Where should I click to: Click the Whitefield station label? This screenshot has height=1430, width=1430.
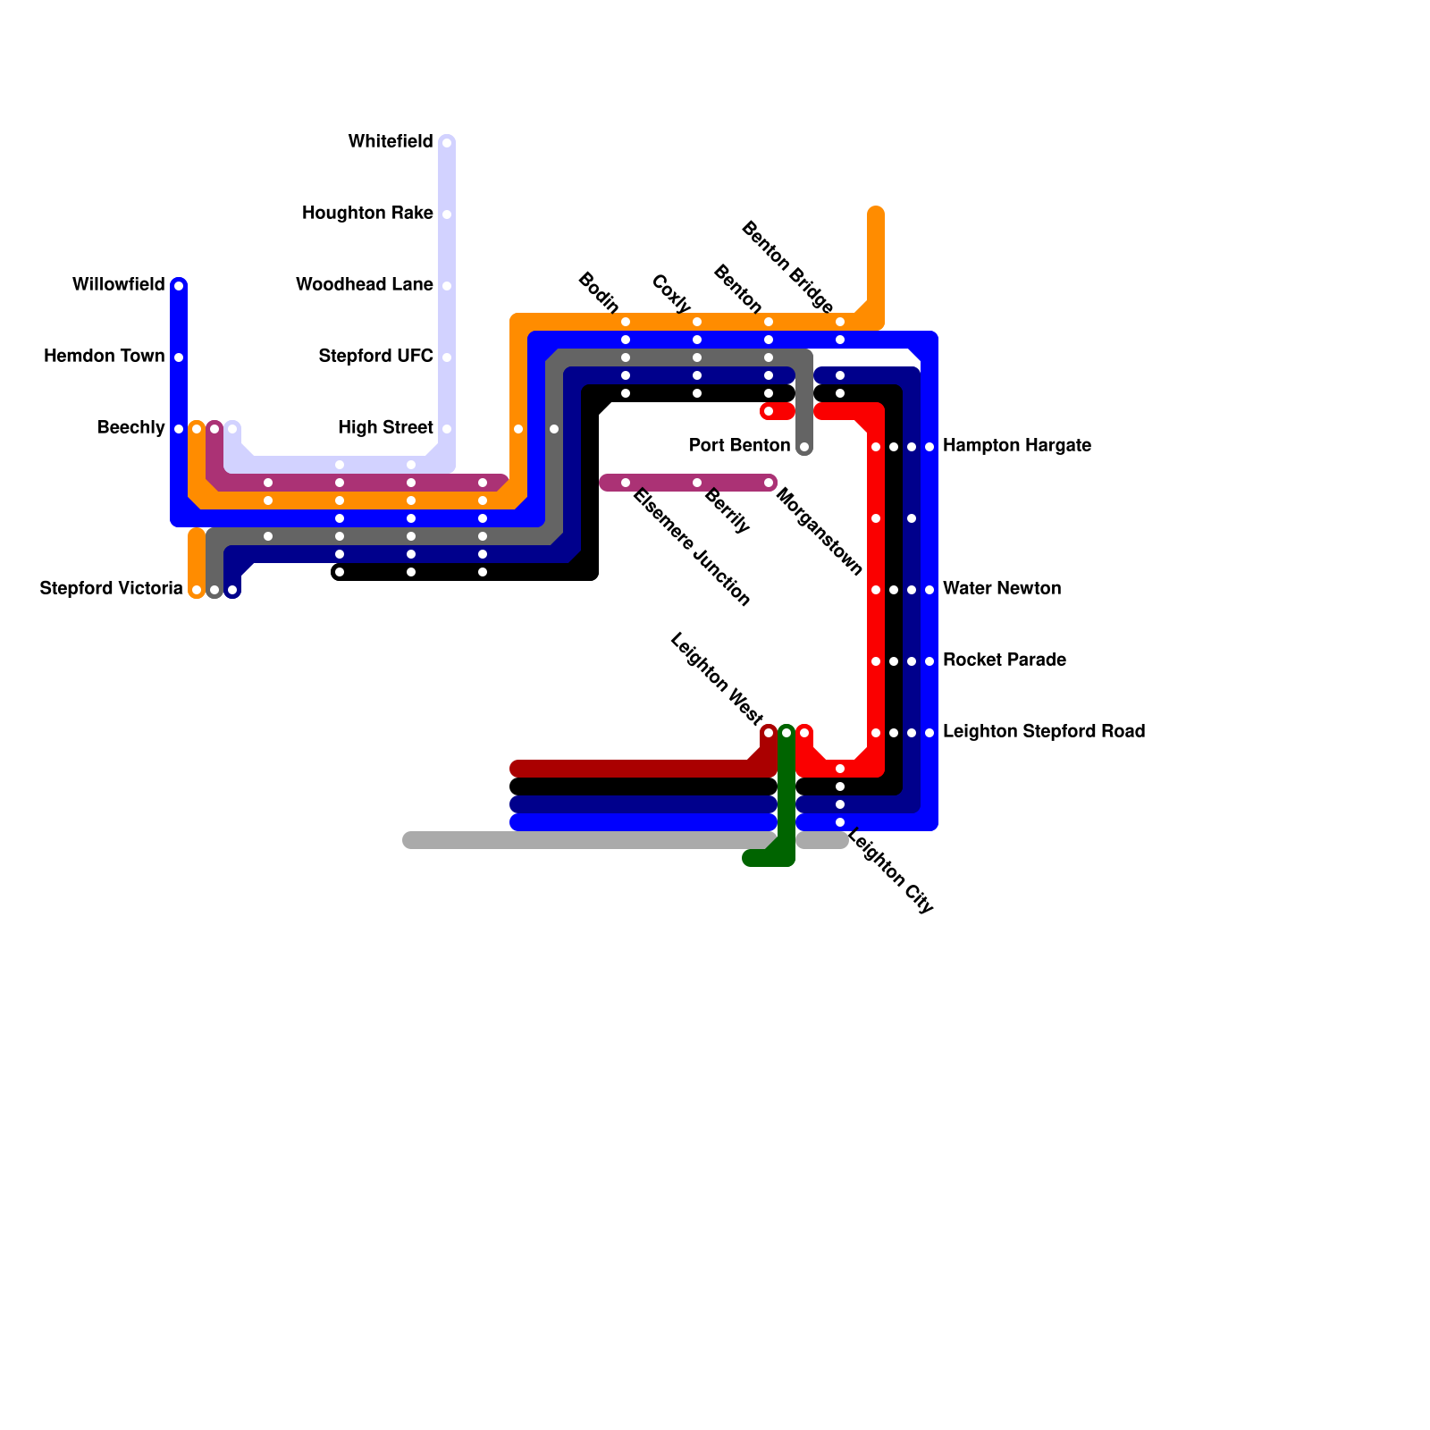point(391,141)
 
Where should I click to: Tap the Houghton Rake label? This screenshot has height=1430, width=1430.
point(367,213)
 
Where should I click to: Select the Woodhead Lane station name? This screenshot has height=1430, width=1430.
point(364,284)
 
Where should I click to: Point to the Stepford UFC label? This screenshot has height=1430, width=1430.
point(375,356)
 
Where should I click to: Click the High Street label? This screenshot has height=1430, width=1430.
point(385,427)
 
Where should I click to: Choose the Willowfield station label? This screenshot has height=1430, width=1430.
point(118,284)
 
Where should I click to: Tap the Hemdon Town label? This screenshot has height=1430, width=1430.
point(104,356)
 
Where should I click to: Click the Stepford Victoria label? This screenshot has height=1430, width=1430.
point(111,588)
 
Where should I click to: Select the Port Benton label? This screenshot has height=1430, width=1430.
point(739,445)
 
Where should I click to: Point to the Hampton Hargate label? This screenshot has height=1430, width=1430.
point(1017,445)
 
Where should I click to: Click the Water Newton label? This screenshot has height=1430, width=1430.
point(1002,588)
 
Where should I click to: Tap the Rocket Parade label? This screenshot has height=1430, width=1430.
point(1005,660)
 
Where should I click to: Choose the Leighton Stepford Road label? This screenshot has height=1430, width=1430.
point(1044,731)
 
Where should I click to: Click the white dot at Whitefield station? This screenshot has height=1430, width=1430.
point(447,143)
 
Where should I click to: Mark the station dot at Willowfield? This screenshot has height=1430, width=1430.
point(179,286)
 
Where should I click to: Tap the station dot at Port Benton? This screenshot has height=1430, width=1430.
point(804,447)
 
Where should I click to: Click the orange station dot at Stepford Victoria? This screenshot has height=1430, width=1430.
point(197,590)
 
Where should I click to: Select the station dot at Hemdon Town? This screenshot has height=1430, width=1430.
point(179,357)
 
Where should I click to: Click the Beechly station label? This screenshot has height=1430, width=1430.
point(130,427)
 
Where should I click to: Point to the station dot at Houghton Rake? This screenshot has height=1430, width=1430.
point(447,214)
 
